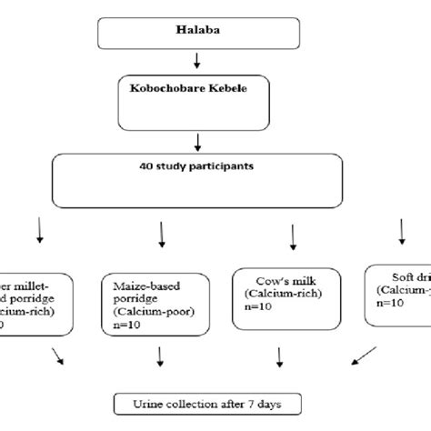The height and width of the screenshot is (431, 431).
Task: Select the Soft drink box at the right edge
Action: click(397, 294)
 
